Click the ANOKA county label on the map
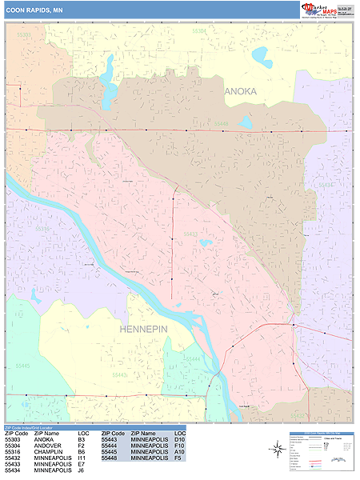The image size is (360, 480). (241, 91)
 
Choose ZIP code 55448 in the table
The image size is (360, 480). (113, 458)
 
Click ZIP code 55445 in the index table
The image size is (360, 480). (113, 452)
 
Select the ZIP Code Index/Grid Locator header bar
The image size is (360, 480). (48, 427)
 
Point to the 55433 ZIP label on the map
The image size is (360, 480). (190, 234)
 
